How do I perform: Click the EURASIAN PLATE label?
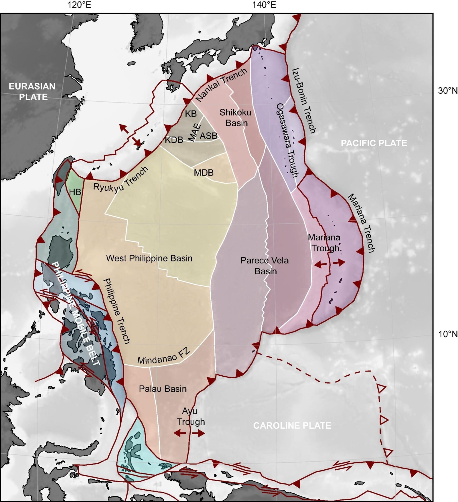(32, 92)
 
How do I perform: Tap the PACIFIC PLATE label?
(374, 143)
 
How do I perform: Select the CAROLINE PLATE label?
(292, 426)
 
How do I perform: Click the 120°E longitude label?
(79, 5)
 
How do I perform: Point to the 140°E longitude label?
(264, 5)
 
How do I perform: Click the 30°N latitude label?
(448, 91)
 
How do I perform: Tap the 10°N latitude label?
(448, 334)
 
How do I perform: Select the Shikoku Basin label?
(236, 118)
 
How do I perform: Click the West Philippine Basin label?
(149, 258)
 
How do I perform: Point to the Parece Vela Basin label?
(265, 266)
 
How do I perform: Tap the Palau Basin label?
(163, 389)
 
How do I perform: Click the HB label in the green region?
(75, 192)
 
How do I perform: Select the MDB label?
(204, 173)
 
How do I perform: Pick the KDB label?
(174, 140)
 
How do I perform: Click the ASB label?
(208, 136)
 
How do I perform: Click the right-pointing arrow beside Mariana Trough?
(339, 262)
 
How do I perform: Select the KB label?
(191, 114)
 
